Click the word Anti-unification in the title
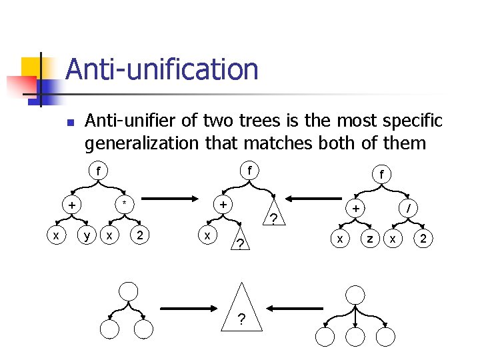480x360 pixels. point(162,69)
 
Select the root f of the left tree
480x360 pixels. point(98,171)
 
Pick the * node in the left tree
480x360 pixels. point(124,203)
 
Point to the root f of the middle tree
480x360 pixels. point(249,171)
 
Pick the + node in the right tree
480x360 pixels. point(356,209)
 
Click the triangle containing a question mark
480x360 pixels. point(240,313)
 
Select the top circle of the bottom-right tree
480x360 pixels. point(356,295)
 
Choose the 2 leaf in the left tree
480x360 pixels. point(139,235)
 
